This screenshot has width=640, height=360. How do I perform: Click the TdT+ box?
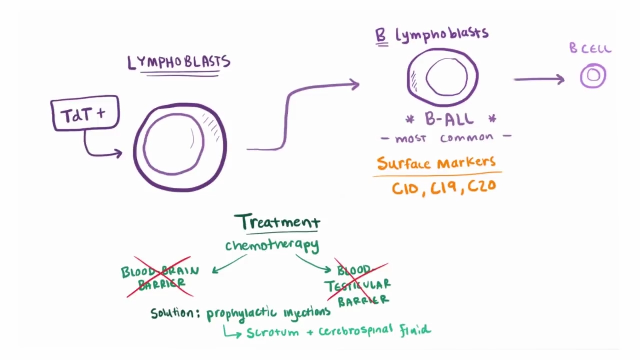click(x=85, y=114)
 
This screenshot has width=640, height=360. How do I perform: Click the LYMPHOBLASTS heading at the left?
click(x=179, y=62)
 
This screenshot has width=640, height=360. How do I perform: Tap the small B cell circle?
click(x=593, y=76)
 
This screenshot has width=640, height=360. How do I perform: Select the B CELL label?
click(x=590, y=48)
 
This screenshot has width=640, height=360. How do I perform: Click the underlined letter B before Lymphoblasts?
click(x=381, y=36)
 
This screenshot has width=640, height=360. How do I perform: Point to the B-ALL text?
click(x=449, y=119)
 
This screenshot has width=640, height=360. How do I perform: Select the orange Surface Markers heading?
click(x=436, y=163)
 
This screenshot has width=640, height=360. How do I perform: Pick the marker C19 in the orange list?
click(x=444, y=187)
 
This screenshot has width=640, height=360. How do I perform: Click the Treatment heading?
click(x=277, y=222)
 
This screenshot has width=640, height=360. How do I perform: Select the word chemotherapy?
click(x=272, y=245)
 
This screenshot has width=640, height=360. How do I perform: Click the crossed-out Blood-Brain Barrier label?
click(x=160, y=277)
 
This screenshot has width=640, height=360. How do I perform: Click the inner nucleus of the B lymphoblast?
click(x=446, y=77)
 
